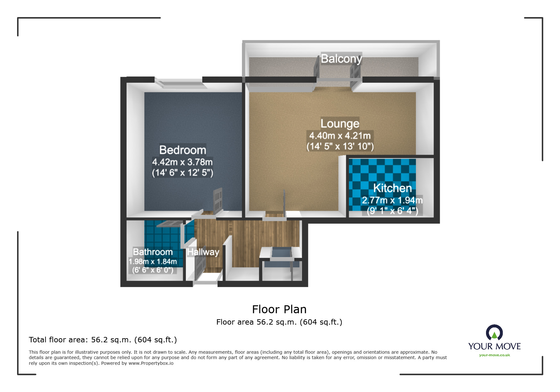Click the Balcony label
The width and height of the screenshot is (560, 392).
click(341, 59)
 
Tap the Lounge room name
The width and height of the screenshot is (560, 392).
click(340, 123)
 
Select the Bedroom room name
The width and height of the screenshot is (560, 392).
click(183, 150)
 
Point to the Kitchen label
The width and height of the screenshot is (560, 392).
click(392, 188)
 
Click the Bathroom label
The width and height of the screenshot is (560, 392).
click(153, 252)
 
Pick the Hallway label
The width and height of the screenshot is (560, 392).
click(203, 252)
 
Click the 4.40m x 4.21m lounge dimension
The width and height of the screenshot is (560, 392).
click(340, 136)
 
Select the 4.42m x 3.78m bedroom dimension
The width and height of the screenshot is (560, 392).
click(182, 162)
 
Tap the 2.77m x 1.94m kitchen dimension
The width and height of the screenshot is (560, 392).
click(392, 200)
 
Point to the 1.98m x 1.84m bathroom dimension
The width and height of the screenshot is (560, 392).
click(153, 262)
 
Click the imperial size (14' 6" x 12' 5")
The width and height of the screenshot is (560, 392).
click(182, 173)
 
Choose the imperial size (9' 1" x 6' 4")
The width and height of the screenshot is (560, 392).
click(392, 211)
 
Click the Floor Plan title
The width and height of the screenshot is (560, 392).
click(279, 309)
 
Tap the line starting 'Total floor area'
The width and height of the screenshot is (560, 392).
click(103, 340)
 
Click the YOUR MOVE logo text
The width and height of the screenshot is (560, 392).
click(494, 346)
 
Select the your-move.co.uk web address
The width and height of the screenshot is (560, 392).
click(494, 355)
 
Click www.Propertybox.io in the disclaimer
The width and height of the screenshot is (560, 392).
click(151, 363)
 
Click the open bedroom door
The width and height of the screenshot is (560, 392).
click(218, 200)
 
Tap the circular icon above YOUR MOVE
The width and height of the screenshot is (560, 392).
click(494, 333)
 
